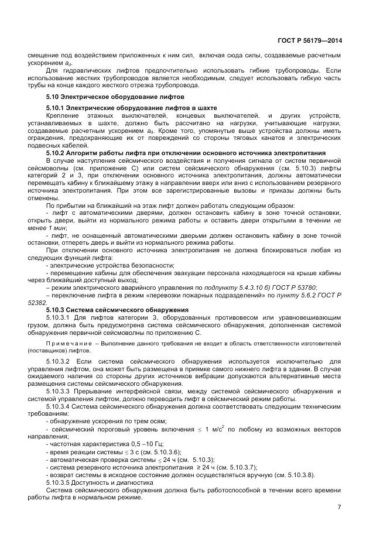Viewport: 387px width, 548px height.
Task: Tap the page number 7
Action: (x=340, y=506)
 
